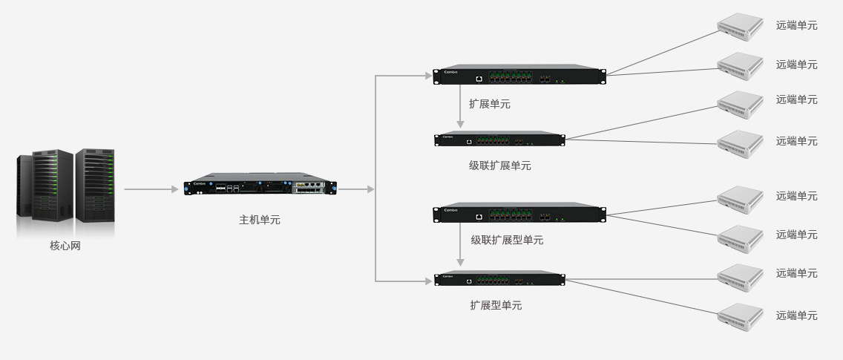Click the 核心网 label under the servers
[65, 246]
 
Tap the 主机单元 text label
[260, 220]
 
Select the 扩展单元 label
[489, 104]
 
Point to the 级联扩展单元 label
[499, 166]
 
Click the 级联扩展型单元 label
[507, 240]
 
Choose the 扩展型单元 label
[496, 305]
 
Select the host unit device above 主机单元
[260, 187]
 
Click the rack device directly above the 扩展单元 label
[519, 75]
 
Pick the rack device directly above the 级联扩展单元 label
[499, 139]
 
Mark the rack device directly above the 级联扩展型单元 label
[519, 214]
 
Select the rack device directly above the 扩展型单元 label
[499, 279]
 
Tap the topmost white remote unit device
[740, 27]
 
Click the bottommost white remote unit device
[740, 316]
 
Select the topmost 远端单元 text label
[796, 25]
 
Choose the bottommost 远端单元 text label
[796, 315]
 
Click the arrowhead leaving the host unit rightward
[370, 189]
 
